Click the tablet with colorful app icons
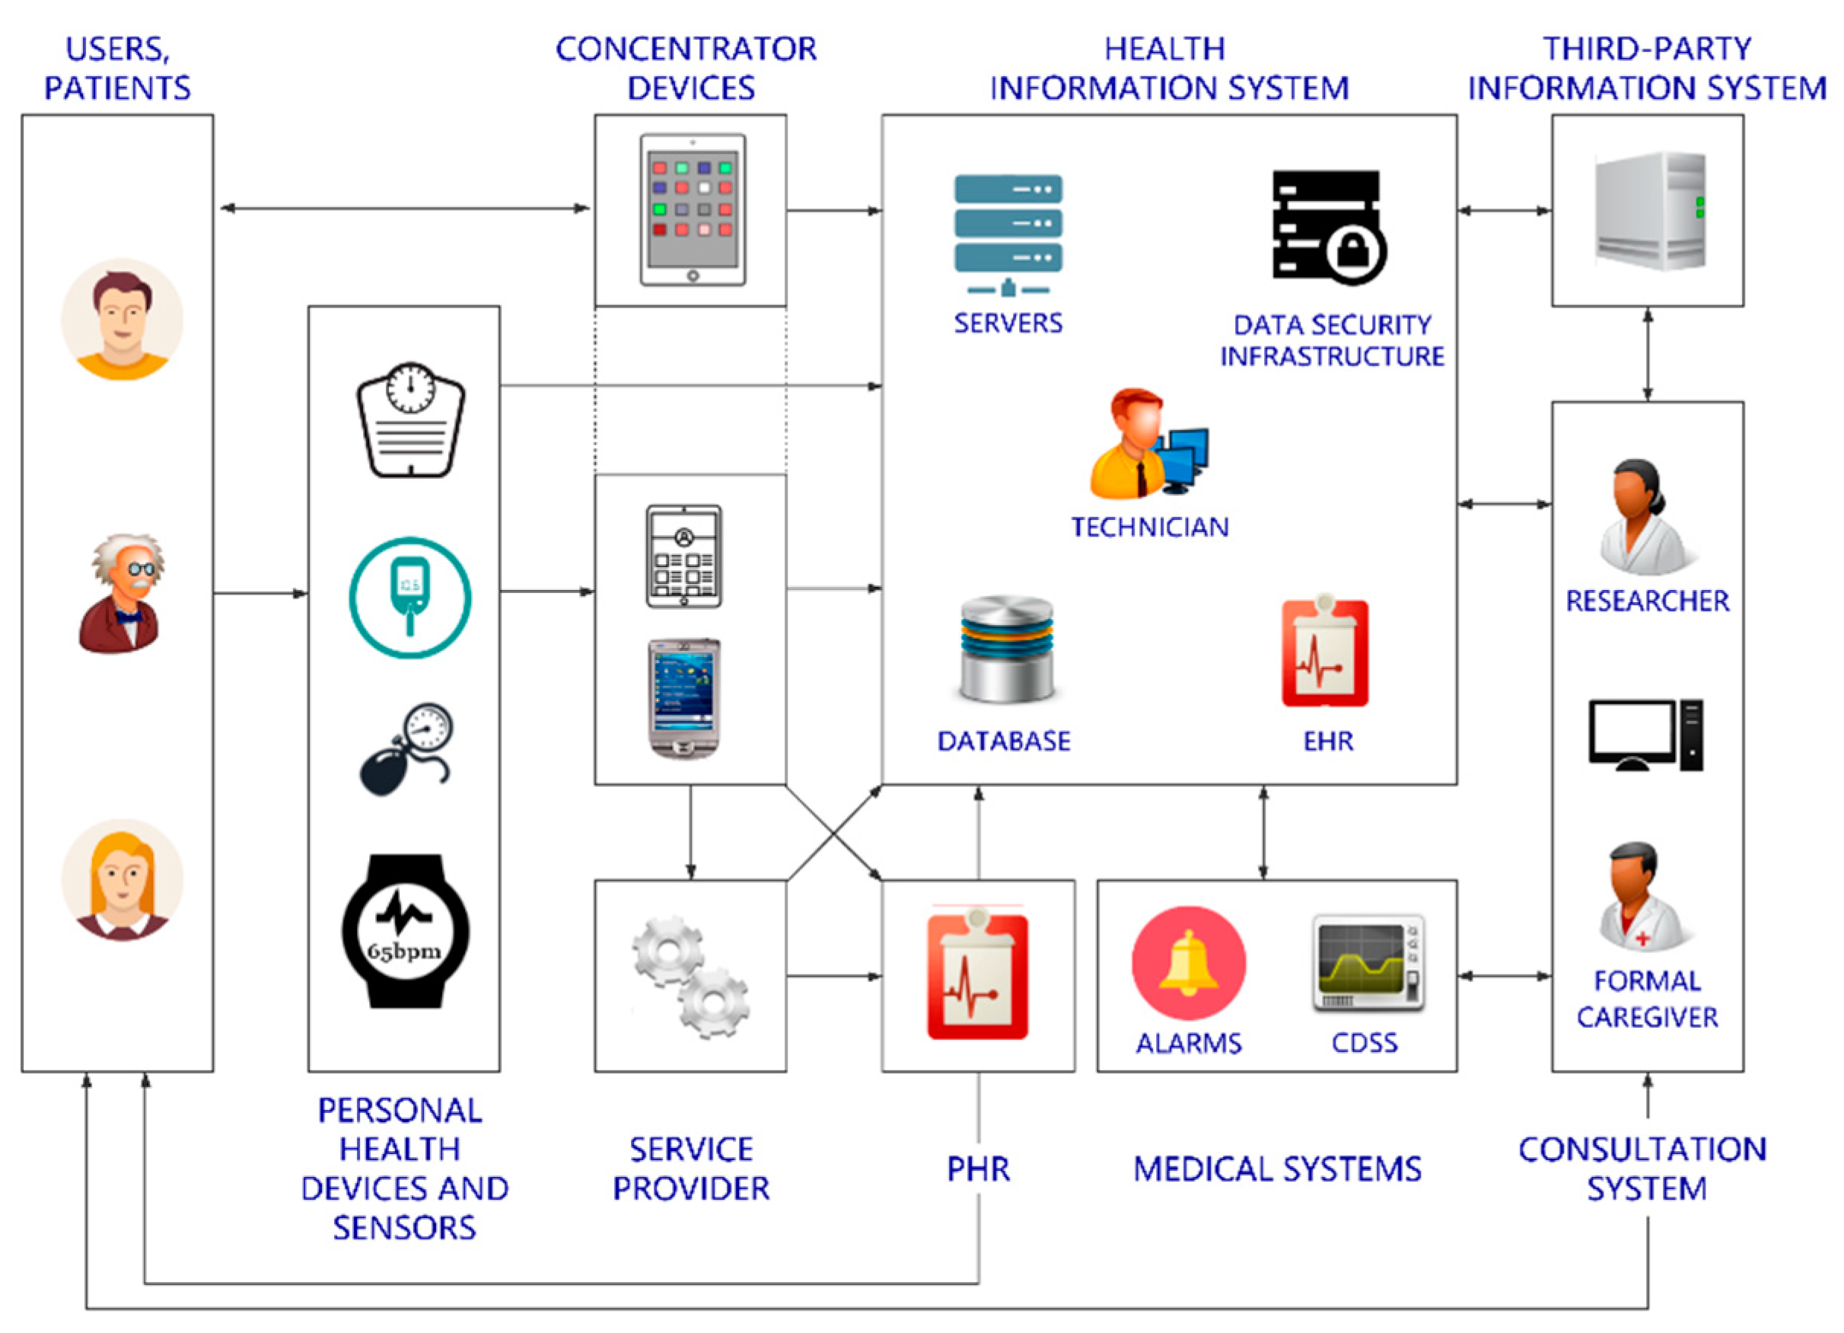692,209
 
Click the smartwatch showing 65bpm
404,930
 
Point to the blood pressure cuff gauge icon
407,749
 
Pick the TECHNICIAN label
1149,527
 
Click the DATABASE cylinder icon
1006,650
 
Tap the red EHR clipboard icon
1324,653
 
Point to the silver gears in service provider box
691,976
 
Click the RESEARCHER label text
1646,601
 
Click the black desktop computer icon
1645,735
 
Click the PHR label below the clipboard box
978,1169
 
